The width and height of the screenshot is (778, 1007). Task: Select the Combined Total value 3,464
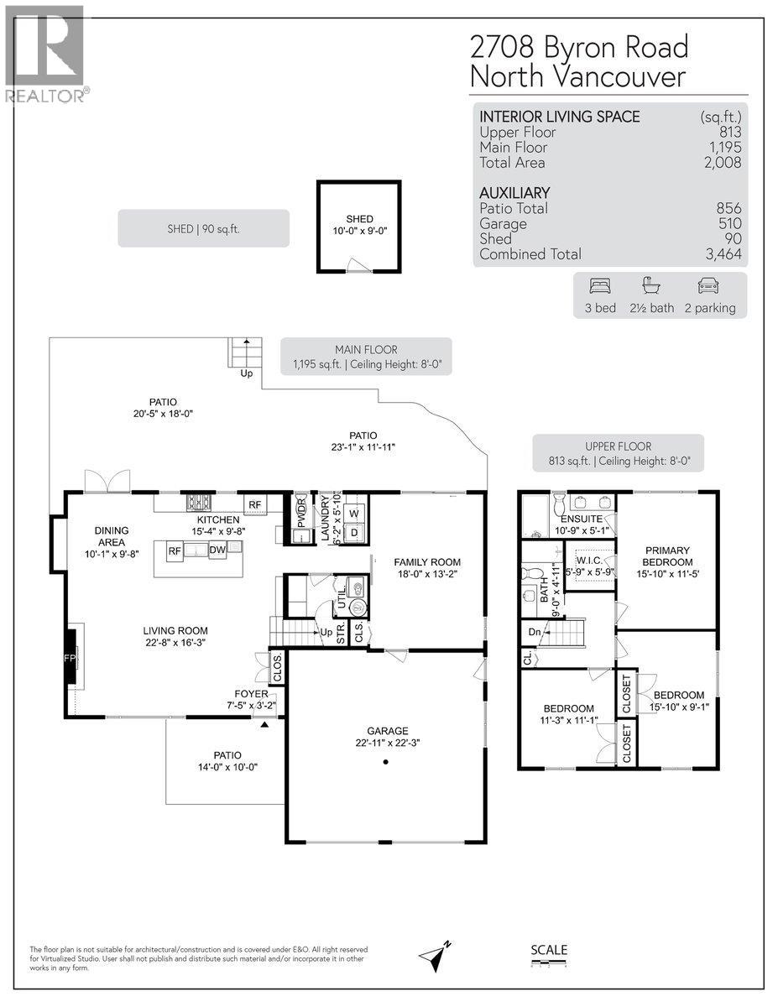pyautogui.click(x=720, y=254)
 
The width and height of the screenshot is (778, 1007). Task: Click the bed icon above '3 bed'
pyautogui.click(x=600, y=285)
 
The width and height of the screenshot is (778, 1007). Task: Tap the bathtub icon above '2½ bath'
pyautogui.click(x=650, y=285)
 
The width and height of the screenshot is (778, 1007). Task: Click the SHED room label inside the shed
pyautogui.click(x=359, y=219)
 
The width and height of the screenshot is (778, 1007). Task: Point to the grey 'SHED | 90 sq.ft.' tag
pyautogui.click(x=203, y=228)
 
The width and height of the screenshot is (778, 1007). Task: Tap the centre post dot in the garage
pyautogui.click(x=385, y=762)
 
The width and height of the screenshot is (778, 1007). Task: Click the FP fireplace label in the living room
pyautogui.click(x=70, y=658)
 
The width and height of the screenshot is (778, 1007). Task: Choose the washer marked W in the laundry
pyautogui.click(x=353, y=514)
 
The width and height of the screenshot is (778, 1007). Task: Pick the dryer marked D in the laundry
pyautogui.click(x=353, y=532)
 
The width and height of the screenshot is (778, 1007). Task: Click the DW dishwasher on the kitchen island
pyautogui.click(x=217, y=550)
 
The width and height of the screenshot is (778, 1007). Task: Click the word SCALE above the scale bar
pyautogui.click(x=549, y=950)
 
